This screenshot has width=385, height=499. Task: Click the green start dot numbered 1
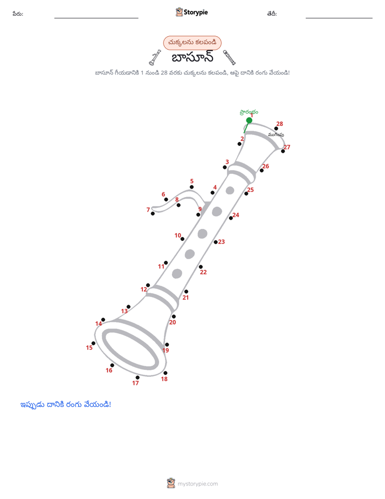(249, 120)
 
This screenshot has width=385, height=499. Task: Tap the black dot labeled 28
(276, 129)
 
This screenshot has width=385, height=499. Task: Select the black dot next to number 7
(153, 213)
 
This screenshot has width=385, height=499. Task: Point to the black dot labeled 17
(137, 377)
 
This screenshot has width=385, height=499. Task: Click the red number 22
(203, 272)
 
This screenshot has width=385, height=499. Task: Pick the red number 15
(90, 348)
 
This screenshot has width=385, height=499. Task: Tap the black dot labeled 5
(191, 187)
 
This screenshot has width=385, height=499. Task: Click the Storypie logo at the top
(191, 12)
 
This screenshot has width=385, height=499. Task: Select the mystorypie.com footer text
(197, 484)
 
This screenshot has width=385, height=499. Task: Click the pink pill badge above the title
(192, 43)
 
